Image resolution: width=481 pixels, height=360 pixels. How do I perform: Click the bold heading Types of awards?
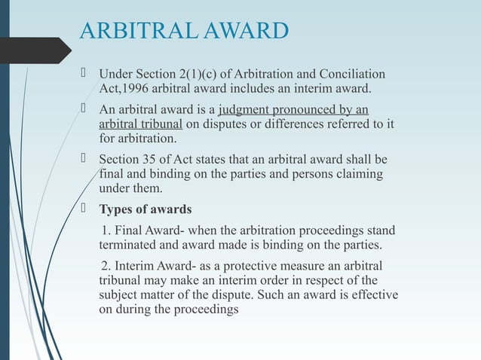(146, 209)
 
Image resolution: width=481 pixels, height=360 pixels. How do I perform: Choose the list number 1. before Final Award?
(106, 230)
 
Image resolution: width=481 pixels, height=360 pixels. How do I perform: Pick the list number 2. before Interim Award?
(106, 267)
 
